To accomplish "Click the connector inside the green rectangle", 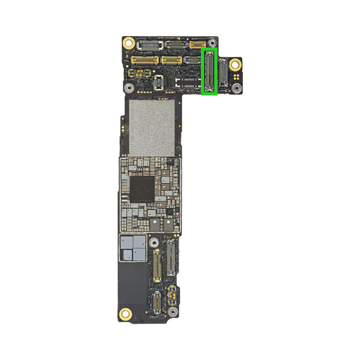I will pyautogui.click(x=209, y=72).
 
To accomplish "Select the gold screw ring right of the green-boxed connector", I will pyautogui.click(x=236, y=64).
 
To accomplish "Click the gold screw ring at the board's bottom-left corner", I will pyautogui.click(x=125, y=313).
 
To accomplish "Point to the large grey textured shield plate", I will pyautogui.click(x=152, y=127).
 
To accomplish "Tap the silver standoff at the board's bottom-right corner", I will pyautogui.click(x=172, y=312).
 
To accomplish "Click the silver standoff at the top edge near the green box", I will pyautogui.click(x=211, y=43).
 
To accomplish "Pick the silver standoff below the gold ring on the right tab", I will pyautogui.click(x=236, y=88).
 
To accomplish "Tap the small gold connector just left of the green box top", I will pyautogui.click(x=197, y=44).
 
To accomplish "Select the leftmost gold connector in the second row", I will pyautogui.click(x=145, y=60).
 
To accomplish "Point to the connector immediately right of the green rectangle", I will pyautogui.click(x=224, y=76).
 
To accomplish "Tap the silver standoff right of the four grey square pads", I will pyautogui.click(x=155, y=242).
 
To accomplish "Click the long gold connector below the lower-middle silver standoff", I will pyautogui.click(x=157, y=266).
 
